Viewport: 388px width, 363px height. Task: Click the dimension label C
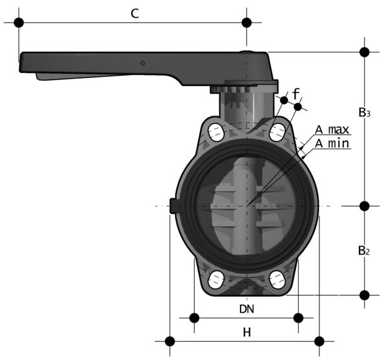135,14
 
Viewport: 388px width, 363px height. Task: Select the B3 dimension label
364,112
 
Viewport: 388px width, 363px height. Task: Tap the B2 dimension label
364,251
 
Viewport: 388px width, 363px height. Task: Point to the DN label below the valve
246,309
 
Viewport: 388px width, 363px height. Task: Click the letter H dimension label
247,333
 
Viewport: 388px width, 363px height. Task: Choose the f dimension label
296,94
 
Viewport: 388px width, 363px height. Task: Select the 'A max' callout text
332,130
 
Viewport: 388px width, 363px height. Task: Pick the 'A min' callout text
332,143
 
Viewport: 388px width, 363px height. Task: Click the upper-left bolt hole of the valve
216,132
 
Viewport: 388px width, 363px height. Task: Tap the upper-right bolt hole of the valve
277,132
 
